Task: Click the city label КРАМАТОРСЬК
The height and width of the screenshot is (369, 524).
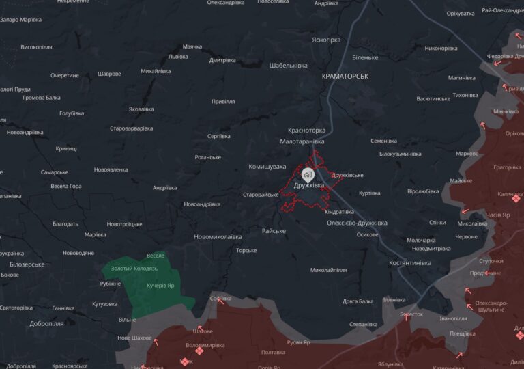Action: click(345, 77)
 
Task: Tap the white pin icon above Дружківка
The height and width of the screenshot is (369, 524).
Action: click(308, 174)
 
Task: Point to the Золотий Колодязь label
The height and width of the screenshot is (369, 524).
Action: click(134, 268)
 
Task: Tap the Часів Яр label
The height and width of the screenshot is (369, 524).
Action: click(497, 215)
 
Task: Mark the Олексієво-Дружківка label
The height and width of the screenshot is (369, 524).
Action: click(356, 223)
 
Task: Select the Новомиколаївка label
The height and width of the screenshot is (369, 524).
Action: click(218, 237)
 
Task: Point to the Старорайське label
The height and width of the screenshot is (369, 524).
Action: click(261, 195)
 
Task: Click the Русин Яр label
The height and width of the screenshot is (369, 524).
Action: click(298, 342)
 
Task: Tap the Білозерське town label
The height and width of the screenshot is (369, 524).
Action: click(27, 264)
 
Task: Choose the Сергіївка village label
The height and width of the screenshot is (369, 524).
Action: click(218, 136)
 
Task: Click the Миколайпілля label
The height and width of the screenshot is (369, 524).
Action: click(328, 270)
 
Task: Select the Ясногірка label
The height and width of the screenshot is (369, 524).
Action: click(325, 40)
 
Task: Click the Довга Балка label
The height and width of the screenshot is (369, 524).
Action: click(358, 301)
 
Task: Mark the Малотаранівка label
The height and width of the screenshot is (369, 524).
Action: click(302, 141)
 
